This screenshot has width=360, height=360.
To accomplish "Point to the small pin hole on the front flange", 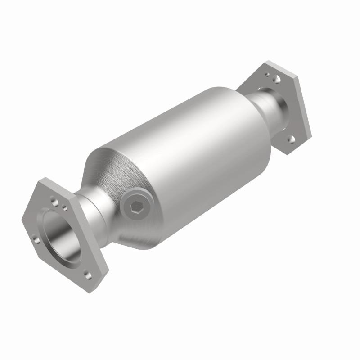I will [x=65, y=208].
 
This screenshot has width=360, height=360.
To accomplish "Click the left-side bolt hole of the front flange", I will [x=36, y=240].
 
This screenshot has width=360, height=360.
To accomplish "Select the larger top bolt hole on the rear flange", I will [x=277, y=79].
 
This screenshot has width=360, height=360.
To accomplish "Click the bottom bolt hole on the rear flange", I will [x=292, y=139].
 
